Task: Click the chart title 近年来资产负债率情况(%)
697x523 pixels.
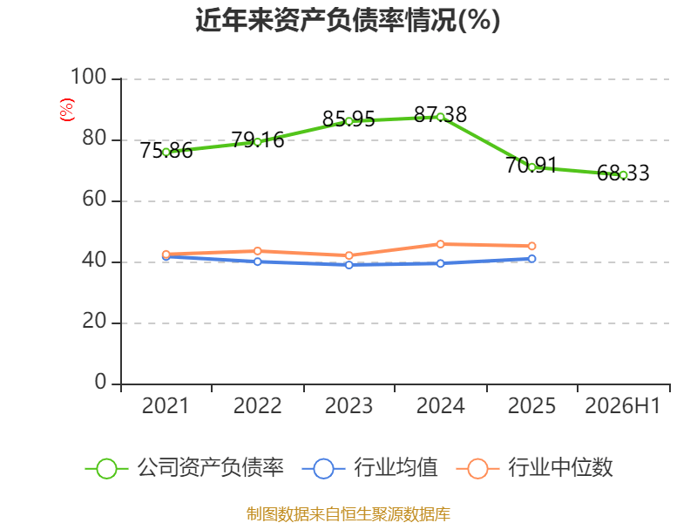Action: (348, 20)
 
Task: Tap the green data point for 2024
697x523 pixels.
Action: (441, 117)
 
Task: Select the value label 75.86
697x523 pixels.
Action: (166, 150)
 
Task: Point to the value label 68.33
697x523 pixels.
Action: (623, 173)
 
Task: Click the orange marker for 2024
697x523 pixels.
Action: (441, 244)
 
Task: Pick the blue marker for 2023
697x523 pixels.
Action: (349, 265)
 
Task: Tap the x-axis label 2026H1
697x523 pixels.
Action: (623, 405)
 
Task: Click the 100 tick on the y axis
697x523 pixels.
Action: (89, 77)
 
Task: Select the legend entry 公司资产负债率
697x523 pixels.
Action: (184, 468)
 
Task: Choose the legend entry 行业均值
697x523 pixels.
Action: (369, 468)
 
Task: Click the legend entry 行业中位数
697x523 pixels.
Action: (535, 468)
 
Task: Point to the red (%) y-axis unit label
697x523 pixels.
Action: (67, 110)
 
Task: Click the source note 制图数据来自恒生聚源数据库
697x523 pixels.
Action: (348, 513)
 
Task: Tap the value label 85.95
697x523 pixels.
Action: (349, 119)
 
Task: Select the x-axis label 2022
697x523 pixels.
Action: (257, 405)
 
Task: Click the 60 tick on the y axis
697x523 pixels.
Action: (94, 200)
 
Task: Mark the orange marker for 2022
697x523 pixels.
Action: (257, 251)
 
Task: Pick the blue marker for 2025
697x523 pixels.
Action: (531, 259)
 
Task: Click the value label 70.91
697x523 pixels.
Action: (531, 166)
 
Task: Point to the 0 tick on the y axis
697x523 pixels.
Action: (100, 382)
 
